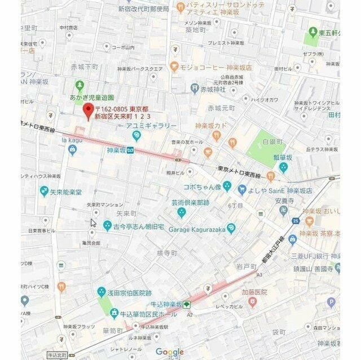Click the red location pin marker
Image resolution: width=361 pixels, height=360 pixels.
point(87,111)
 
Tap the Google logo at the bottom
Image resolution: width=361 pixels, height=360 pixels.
point(170,352)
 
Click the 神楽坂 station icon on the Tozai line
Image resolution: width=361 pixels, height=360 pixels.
point(130,150)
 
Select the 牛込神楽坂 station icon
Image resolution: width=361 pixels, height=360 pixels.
point(187,305)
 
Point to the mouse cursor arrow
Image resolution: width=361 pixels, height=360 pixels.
point(93,223)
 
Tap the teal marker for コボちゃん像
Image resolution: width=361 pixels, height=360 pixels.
point(227,186)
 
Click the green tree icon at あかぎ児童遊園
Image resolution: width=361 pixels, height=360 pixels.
point(80,86)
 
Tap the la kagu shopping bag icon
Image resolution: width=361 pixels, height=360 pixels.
point(72,150)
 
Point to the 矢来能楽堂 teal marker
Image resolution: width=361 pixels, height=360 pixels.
point(44,192)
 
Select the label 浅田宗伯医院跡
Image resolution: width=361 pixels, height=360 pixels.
point(129,293)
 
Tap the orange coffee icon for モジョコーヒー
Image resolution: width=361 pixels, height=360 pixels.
point(174,66)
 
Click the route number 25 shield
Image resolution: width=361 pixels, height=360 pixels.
point(296,220)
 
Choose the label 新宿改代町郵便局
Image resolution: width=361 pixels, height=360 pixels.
point(143,9)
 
